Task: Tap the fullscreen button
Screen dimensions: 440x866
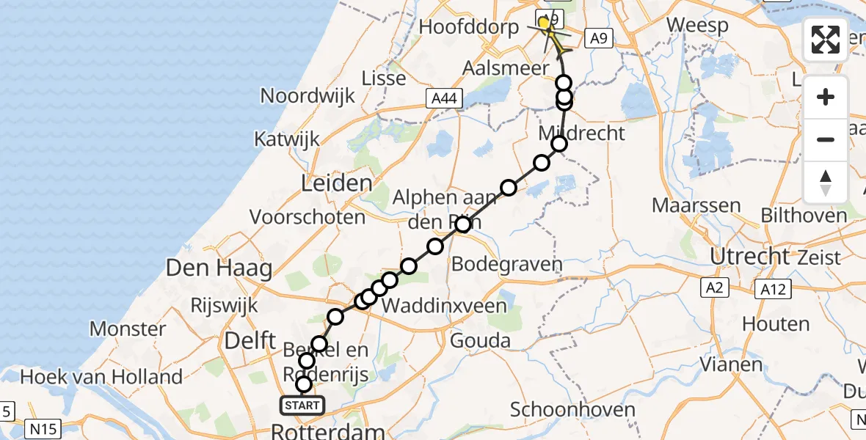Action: pyautogui.click(x=826, y=40)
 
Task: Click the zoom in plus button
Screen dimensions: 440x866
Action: pyautogui.click(x=826, y=97)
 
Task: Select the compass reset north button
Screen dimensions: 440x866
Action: pyautogui.click(x=826, y=182)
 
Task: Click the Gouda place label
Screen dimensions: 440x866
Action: pyautogui.click(x=481, y=340)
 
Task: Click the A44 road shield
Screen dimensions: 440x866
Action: pyautogui.click(x=444, y=98)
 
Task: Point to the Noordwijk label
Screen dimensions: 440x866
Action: pyautogui.click(x=308, y=95)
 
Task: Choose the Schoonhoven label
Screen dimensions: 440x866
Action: pyautogui.click(x=573, y=409)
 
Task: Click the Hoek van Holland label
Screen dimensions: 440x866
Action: pyautogui.click(x=92, y=377)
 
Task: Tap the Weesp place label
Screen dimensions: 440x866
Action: pyautogui.click(x=697, y=25)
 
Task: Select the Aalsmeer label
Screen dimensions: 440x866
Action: pyautogui.click(x=505, y=68)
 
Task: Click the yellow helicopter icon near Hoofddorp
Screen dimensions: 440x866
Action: pyautogui.click(x=545, y=23)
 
